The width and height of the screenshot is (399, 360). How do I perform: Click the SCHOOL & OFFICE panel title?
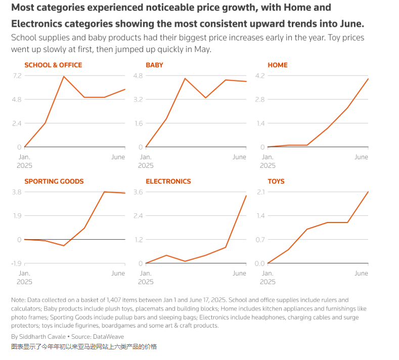[53, 65]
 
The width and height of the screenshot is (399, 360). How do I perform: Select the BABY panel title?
[154, 65]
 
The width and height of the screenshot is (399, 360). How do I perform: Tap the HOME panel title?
[278, 65]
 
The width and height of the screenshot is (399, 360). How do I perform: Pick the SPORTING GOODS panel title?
[54, 182]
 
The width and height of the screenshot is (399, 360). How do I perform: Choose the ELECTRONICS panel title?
[168, 182]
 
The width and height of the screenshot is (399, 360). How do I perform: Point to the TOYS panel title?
[276, 182]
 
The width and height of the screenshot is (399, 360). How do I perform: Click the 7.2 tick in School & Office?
[17, 76]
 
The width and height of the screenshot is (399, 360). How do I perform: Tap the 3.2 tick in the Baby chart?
[138, 100]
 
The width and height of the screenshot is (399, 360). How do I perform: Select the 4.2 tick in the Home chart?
[259, 76]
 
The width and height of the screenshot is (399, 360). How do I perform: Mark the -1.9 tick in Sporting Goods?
[16, 263]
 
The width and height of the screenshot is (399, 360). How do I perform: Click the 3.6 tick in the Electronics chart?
[138, 192]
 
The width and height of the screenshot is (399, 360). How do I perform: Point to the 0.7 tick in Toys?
[259, 240]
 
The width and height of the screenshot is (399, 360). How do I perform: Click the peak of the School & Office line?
[64, 76]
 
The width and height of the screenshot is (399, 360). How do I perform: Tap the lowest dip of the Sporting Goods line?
[64, 246]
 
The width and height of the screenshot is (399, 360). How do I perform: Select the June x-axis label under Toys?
[361, 274]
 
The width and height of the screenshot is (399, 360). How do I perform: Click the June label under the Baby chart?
[239, 157]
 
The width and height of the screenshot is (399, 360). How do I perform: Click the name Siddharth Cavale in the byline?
[39, 337]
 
